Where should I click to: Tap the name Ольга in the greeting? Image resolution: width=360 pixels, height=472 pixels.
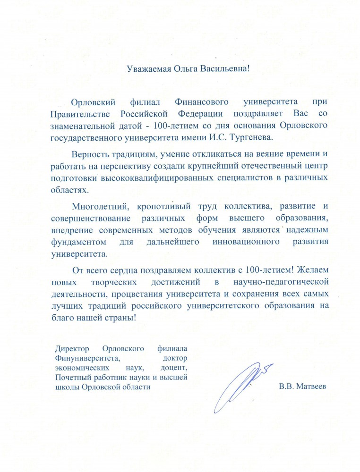pos(184,68)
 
